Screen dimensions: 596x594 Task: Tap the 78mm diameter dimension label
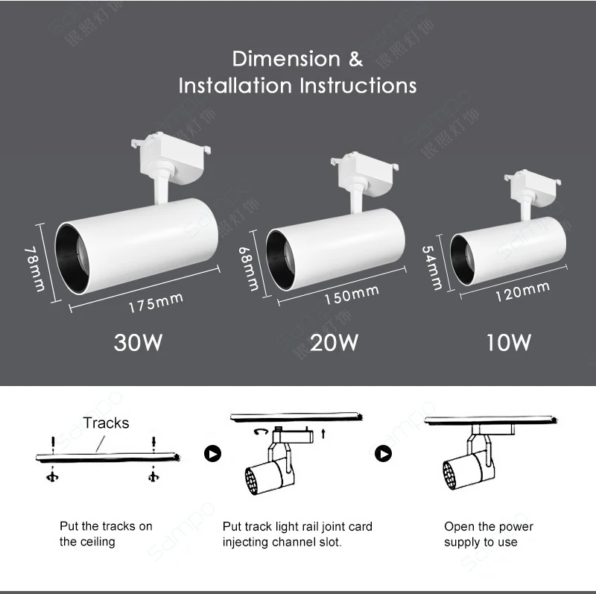point(35,269)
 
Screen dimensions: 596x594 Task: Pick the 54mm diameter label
point(432,268)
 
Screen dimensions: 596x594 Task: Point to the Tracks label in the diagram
point(106,423)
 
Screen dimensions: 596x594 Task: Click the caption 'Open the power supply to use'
point(488,534)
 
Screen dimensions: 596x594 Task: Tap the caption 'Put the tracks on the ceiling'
point(106,534)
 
